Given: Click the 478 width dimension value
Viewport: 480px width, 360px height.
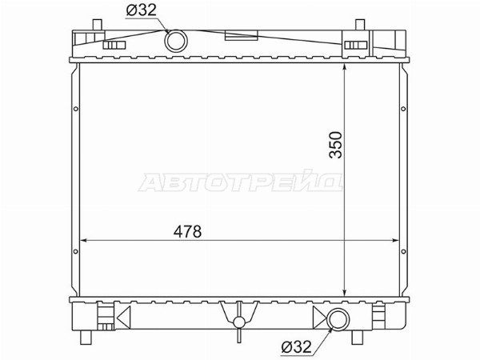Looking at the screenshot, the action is point(187,231).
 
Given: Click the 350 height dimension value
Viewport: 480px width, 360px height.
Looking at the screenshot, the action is point(335,145).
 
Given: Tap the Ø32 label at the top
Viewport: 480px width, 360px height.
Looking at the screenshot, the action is point(141,10).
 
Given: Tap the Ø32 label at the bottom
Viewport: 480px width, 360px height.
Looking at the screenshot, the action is point(296,347).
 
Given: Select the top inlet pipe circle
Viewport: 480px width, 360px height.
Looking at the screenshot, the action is point(176,30).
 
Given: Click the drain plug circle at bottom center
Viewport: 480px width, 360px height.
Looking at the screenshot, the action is point(239,322).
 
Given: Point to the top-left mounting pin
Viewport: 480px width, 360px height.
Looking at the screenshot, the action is point(97,25).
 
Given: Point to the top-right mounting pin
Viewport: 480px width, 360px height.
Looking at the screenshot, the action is point(360,25).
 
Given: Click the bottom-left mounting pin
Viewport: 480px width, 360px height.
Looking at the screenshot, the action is point(86,338).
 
